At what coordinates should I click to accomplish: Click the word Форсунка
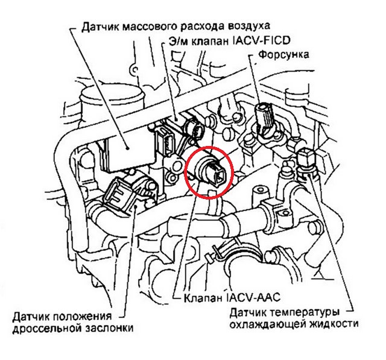[x=283, y=55]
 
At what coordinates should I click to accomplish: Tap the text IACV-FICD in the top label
[x=261, y=40]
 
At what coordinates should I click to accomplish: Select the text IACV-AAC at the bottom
[x=254, y=297]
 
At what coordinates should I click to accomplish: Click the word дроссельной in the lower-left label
[x=47, y=329]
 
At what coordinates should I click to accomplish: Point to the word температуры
[x=305, y=313]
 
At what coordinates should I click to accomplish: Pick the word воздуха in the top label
[x=248, y=27]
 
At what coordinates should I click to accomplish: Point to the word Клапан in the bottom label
[x=203, y=298]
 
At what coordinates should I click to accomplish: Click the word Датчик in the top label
[x=100, y=27]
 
